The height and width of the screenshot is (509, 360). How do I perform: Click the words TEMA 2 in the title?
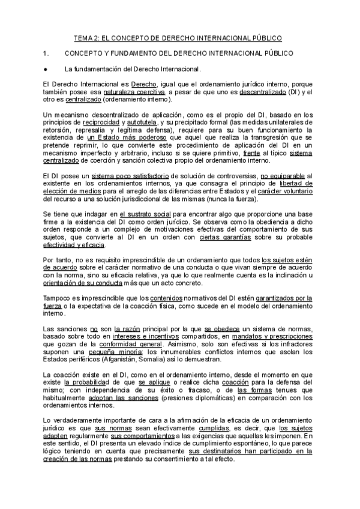coord(86,38)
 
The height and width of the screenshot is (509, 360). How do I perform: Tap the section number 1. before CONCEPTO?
coord(39,53)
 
